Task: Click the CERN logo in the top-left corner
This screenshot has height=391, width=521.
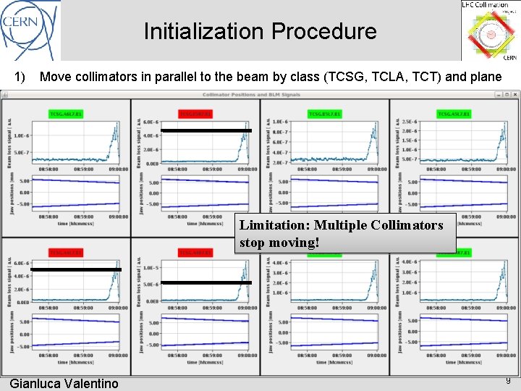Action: point(30,29)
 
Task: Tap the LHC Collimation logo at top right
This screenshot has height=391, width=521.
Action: point(490,30)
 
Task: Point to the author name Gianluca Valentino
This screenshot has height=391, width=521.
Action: point(64,383)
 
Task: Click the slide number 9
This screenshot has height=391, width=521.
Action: point(508,381)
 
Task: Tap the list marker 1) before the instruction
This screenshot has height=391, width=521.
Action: point(20,77)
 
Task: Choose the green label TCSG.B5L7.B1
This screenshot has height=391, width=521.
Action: point(323,114)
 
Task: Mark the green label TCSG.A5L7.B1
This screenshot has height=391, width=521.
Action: point(454,114)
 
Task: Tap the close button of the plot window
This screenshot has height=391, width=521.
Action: point(514,95)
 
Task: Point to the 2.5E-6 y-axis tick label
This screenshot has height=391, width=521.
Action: point(408,122)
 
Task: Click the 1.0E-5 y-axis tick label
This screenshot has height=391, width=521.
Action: point(150,268)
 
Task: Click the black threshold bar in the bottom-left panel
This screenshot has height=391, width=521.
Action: point(76,269)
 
